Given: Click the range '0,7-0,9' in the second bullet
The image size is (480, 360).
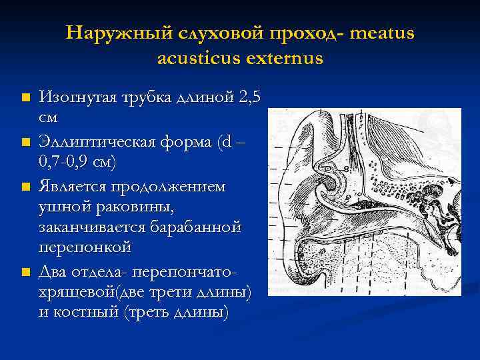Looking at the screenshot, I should (66, 161).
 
